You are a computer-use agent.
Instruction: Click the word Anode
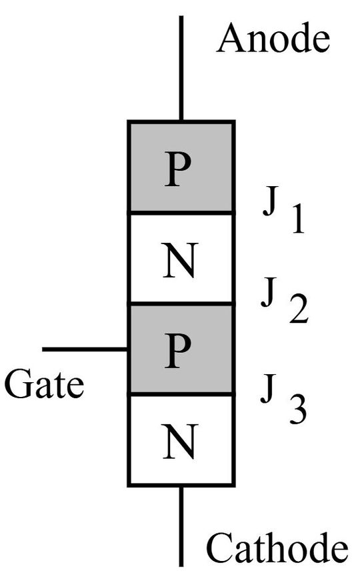point(273,39)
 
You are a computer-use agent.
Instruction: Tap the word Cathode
point(276,548)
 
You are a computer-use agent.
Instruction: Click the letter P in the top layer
point(181,171)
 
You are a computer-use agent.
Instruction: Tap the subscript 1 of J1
point(295,220)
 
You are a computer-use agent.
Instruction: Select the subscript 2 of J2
point(297,311)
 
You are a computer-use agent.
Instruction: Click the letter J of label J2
point(269,296)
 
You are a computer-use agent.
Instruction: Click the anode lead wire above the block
point(181,67)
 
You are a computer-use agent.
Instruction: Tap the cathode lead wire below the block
point(181,527)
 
